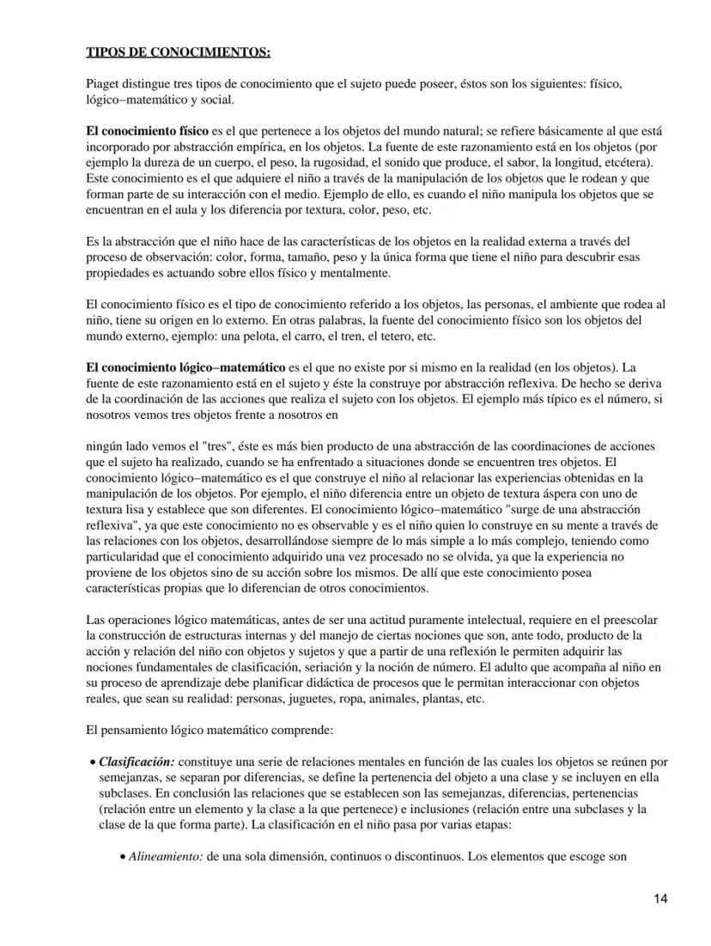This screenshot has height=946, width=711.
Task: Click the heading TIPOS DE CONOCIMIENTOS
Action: tap(179, 52)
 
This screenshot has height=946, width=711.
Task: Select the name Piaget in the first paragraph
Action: tap(103, 86)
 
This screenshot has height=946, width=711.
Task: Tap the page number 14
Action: tap(659, 899)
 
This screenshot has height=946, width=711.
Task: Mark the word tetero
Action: tap(403, 336)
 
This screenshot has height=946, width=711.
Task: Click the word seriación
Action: tap(347, 667)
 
